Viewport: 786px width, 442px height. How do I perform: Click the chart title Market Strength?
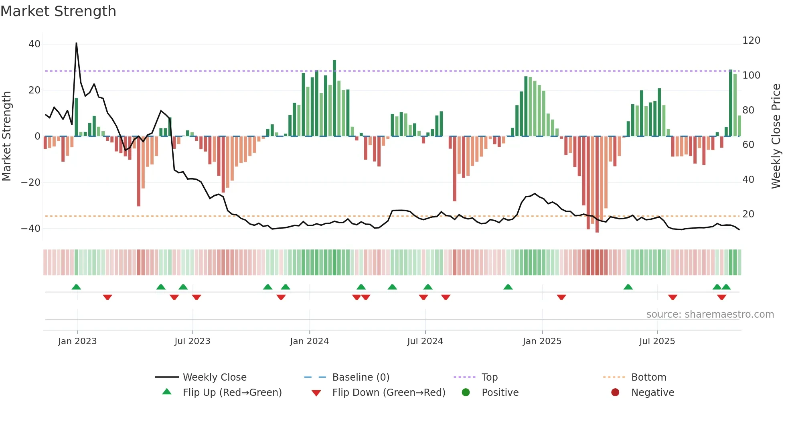(58, 11)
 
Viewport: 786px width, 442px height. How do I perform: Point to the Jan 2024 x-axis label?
(309, 341)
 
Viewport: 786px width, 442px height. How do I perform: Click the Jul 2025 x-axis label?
(657, 341)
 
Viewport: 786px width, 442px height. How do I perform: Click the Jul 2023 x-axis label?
(192, 341)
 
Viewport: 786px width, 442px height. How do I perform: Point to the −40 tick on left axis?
(31, 228)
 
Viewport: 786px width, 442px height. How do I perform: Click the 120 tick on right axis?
(751, 41)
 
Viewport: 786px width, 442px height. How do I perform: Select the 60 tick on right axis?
(748, 144)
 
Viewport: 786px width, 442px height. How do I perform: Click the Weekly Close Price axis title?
(776, 136)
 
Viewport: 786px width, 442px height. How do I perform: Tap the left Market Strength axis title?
(6, 136)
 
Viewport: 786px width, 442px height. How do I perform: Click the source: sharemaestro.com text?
(710, 314)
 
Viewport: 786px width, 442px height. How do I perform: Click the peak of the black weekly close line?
(76, 43)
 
